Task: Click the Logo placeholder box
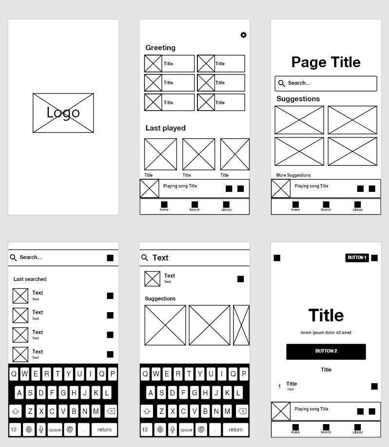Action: coord(63,113)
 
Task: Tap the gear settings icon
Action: coord(243,35)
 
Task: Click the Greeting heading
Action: coord(160,48)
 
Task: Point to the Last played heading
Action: coord(165,128)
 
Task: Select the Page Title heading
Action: coord(326,62)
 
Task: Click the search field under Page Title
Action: coord(326,83)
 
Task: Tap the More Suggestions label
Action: coord(293,175)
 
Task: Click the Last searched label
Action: coord(30,279)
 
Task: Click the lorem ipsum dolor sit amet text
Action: coord(326,333)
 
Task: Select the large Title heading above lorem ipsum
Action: coord(326,316)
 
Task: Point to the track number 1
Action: coord(279,387)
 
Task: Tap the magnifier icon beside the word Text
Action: coord(145,258)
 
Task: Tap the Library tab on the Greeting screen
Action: coord(226,206)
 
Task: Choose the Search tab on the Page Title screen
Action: coord(326,206)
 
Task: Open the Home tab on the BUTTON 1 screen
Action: coord(295,429)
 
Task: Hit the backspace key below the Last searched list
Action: coord(111,411)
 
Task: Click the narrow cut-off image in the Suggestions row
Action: coord(241,325)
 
